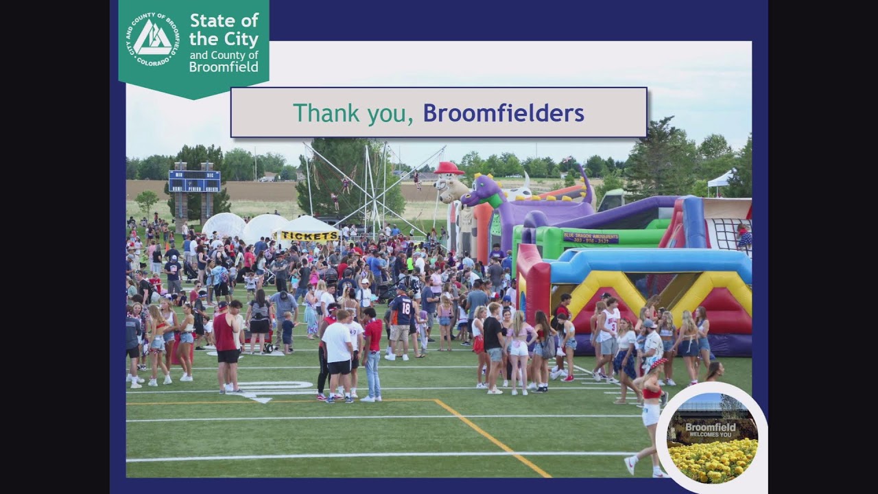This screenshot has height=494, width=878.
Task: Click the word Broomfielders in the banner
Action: [x=503, y=113]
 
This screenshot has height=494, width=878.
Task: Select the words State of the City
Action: [x=224, y=29]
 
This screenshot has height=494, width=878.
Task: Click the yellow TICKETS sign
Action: [x=309, y=235]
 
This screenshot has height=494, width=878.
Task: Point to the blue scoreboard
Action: [x=194, y=180]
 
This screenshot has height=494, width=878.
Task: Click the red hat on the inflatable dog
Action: [x=449, y=168]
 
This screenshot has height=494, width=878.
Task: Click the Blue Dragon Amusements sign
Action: [x=591, y=237]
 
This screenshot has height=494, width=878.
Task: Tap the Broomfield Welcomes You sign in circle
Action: [x=711, y=430]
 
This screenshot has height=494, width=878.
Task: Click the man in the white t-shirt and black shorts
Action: [x=338, y=353]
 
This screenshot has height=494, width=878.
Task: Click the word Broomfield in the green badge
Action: [x=224, y=67]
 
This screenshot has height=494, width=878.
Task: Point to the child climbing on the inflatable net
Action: [x=744, y=236]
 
